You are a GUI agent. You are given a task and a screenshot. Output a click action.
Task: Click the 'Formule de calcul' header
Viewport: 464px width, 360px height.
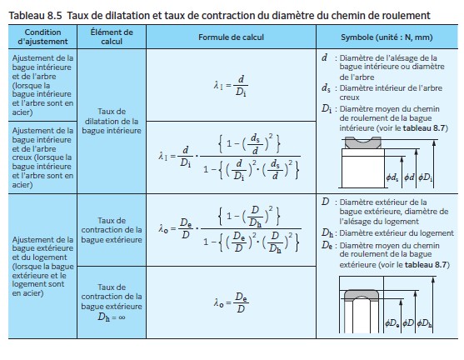coord(230,37)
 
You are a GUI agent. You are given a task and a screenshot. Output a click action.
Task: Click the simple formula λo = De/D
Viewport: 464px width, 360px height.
coord(229,303)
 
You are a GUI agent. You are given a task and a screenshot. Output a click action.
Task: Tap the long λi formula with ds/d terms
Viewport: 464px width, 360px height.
coord(229,155)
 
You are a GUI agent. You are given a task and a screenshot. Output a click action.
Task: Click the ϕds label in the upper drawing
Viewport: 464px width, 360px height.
coord(392,177)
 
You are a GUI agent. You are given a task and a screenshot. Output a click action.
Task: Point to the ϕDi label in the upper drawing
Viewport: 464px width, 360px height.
coord(427,177)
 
